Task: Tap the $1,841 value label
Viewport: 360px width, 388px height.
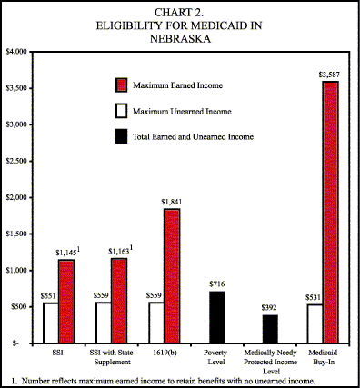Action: point(173,201)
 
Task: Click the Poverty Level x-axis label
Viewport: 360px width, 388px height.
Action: point(217,353)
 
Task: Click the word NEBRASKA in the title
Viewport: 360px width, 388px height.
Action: point(179,39)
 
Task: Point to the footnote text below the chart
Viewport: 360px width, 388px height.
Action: point(164,378)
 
